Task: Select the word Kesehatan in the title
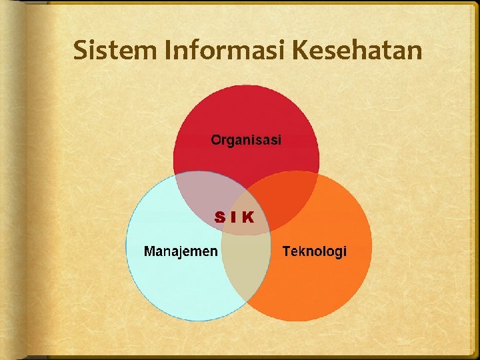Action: [358, 50]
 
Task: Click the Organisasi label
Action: [246, 140]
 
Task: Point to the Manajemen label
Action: [181, 251]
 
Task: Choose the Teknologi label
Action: [315, 251]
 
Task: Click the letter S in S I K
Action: [220, 217]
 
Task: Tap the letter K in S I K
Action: [247, 217]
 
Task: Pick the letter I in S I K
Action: [234, 217]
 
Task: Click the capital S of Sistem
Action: [80, 50]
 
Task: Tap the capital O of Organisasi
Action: [216, 140]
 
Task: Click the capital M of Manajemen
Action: [150, 251]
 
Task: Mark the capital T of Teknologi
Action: [287, 251]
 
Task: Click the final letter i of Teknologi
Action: [345, 251]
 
